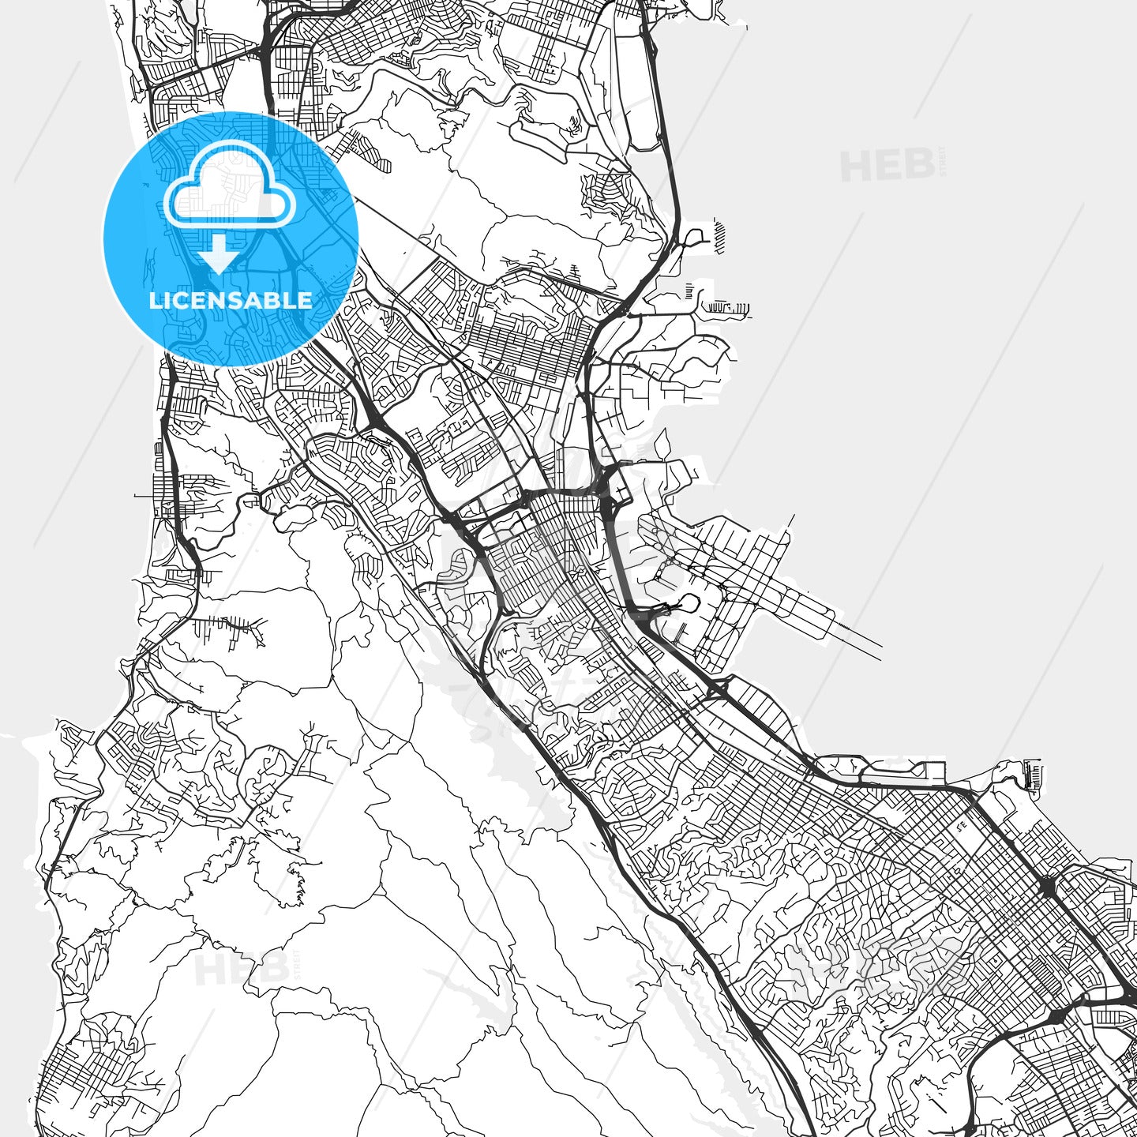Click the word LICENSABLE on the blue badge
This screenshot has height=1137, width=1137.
(231, 301)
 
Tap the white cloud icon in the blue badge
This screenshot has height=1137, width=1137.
(229, 186)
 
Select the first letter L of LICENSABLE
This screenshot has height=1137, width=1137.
(155, 301)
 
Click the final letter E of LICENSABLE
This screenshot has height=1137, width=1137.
(306, 301)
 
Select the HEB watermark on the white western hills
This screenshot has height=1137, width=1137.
(242, 970)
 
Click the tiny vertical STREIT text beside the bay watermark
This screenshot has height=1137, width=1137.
(941, 162)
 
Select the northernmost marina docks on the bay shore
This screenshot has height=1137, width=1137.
(720, 235)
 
